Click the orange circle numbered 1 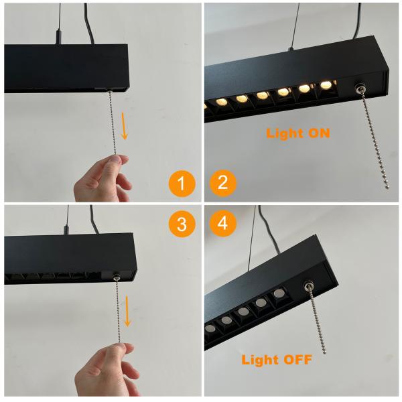point(182,183)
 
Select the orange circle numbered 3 point(182,224)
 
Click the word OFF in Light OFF point(295,360)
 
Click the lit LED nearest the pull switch point(326,86)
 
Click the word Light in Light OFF point(258,360)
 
